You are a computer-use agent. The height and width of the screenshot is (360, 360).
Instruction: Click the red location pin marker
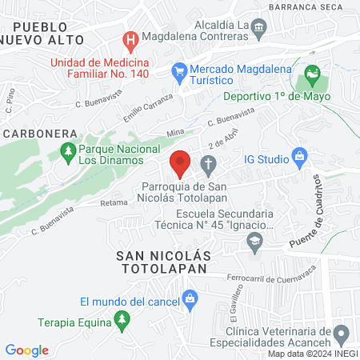click(x=180, y=162)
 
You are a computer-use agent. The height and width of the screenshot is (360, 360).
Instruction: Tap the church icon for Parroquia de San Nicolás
click(x=208, y=166)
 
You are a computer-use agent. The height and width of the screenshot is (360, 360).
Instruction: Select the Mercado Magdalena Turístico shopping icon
click(x=181, y=73)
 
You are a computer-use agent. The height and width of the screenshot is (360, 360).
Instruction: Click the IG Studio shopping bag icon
click(x=300, y=155)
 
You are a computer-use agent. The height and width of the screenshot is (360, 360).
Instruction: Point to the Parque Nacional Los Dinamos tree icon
click(x=69, y=150)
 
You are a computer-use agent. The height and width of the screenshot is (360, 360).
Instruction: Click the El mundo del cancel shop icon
click(x=190, y=301)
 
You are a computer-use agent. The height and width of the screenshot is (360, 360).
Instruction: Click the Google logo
click(x=27, y=350)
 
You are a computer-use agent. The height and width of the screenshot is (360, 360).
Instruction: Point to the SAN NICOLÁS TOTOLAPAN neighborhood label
click(x=163, y=262)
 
